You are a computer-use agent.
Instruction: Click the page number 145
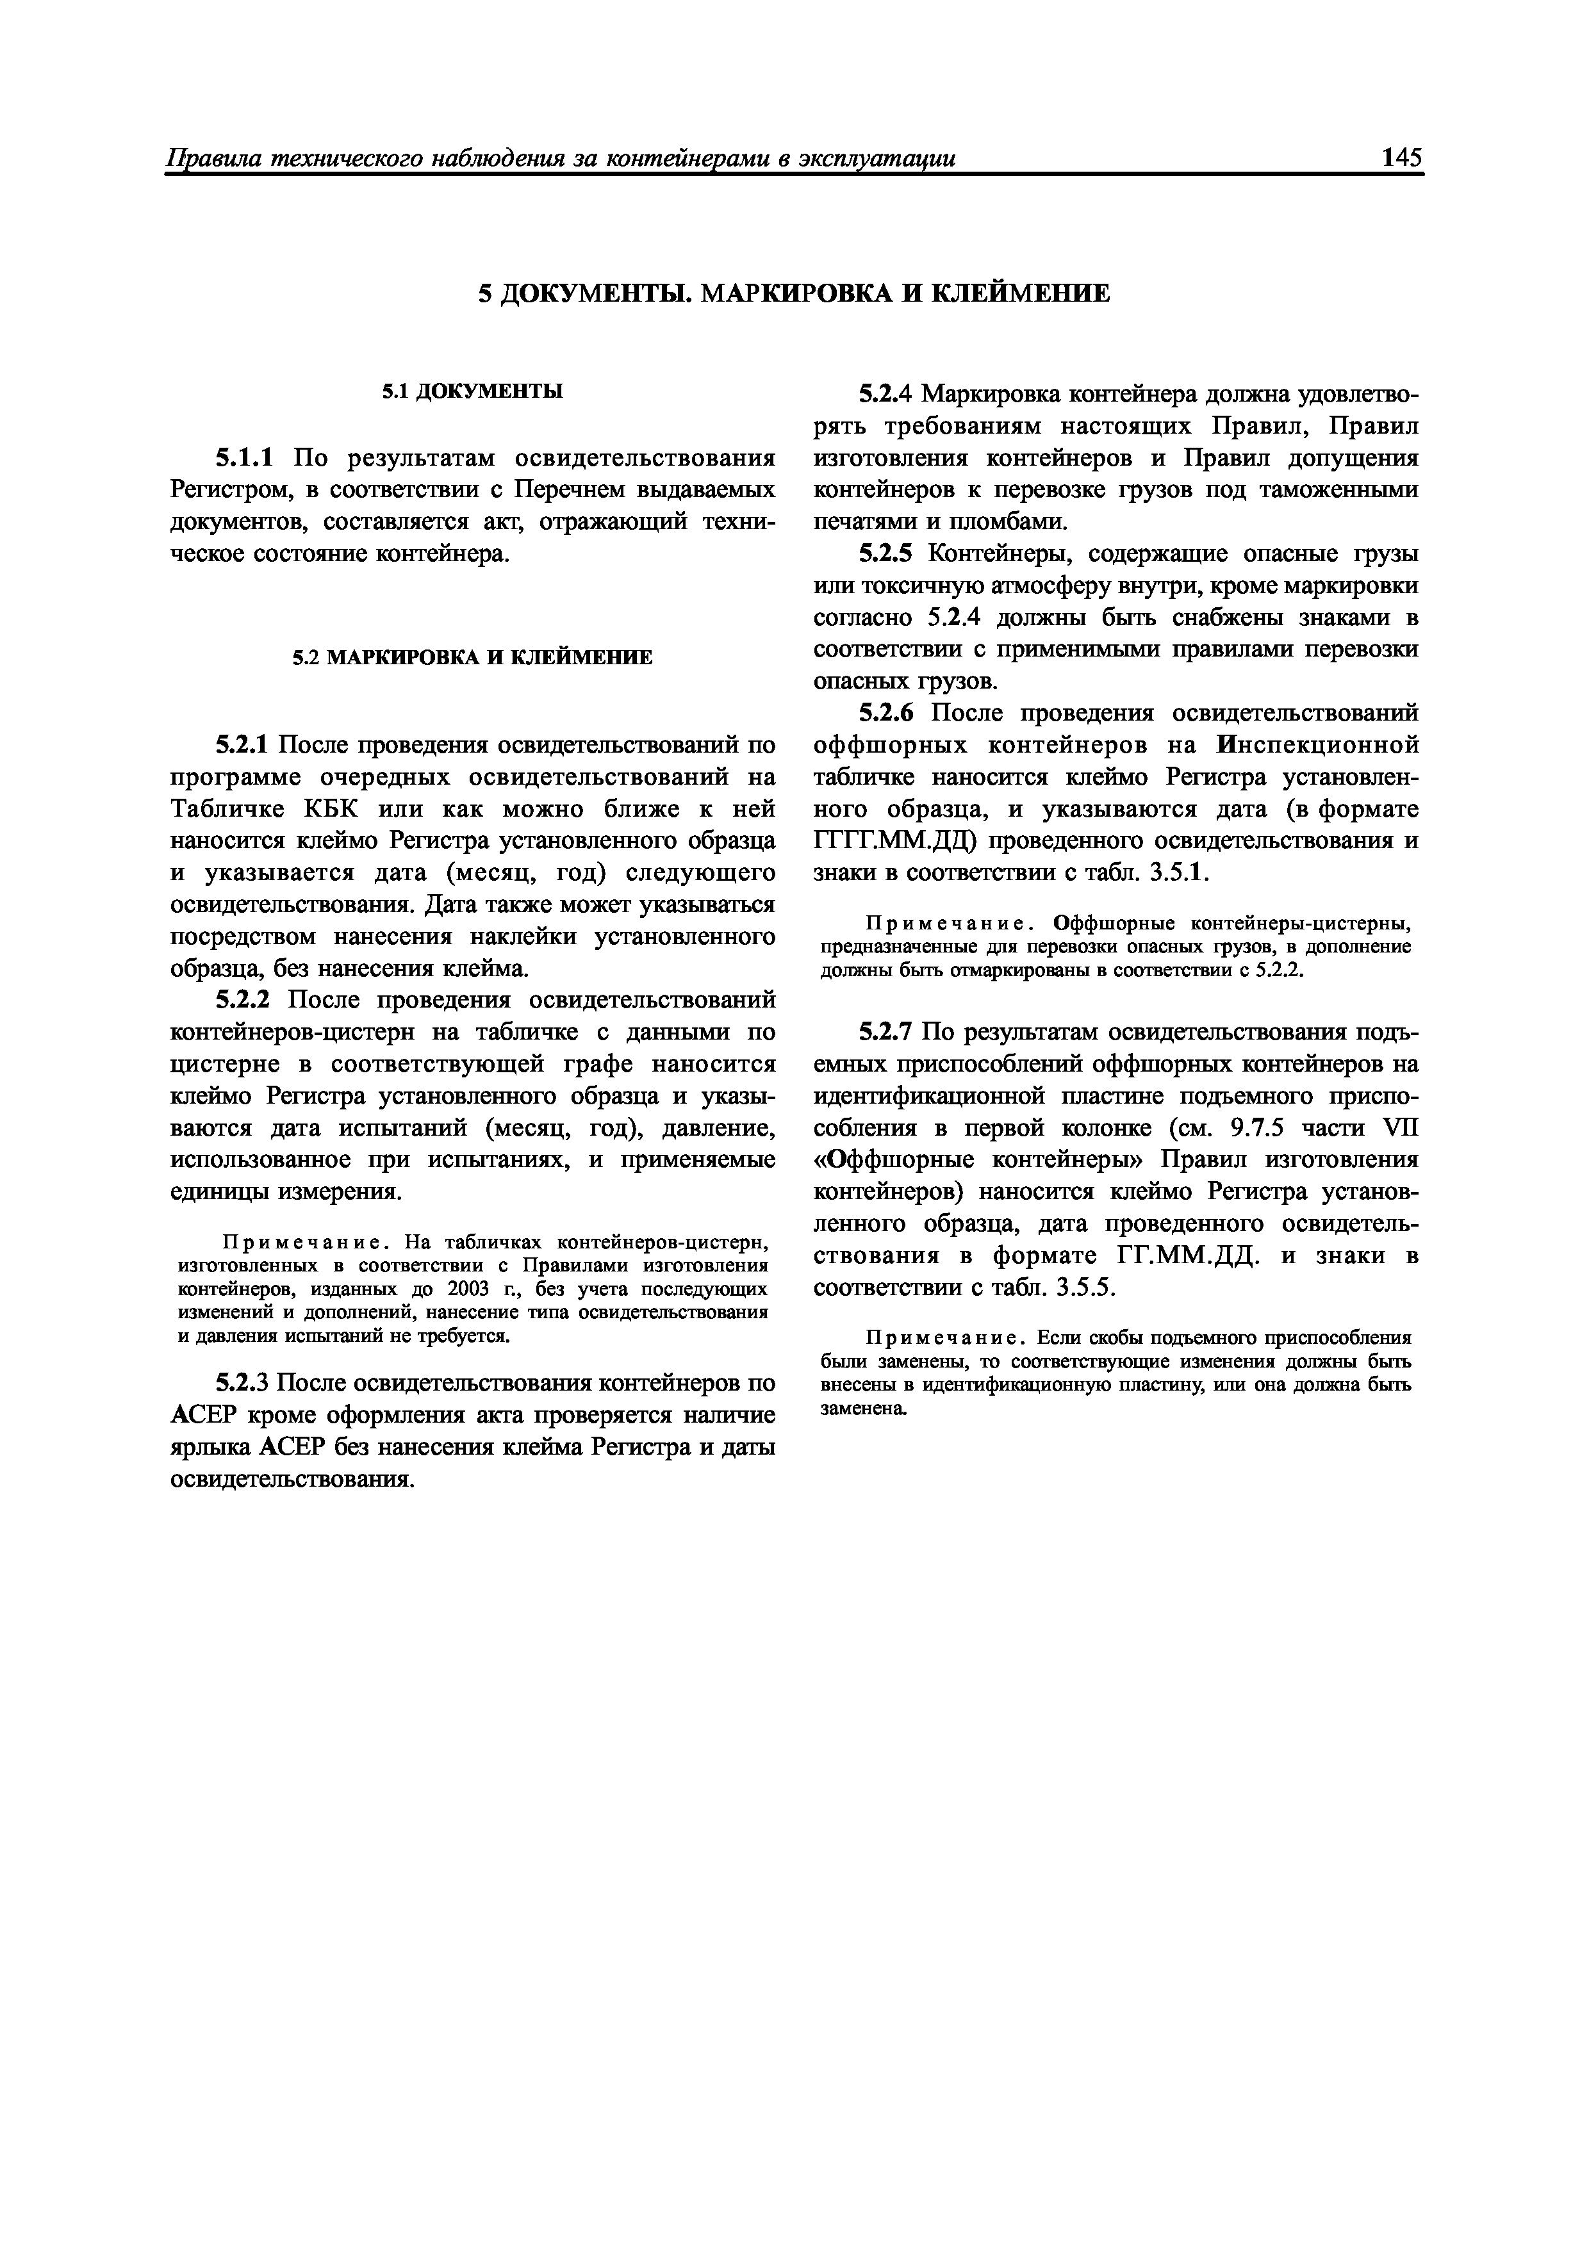(1401, 158)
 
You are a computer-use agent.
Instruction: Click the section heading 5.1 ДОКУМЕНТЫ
(472, 391)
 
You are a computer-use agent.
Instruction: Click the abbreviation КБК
(340, 810)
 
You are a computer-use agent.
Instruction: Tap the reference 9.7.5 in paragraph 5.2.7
(1258, 1129)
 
